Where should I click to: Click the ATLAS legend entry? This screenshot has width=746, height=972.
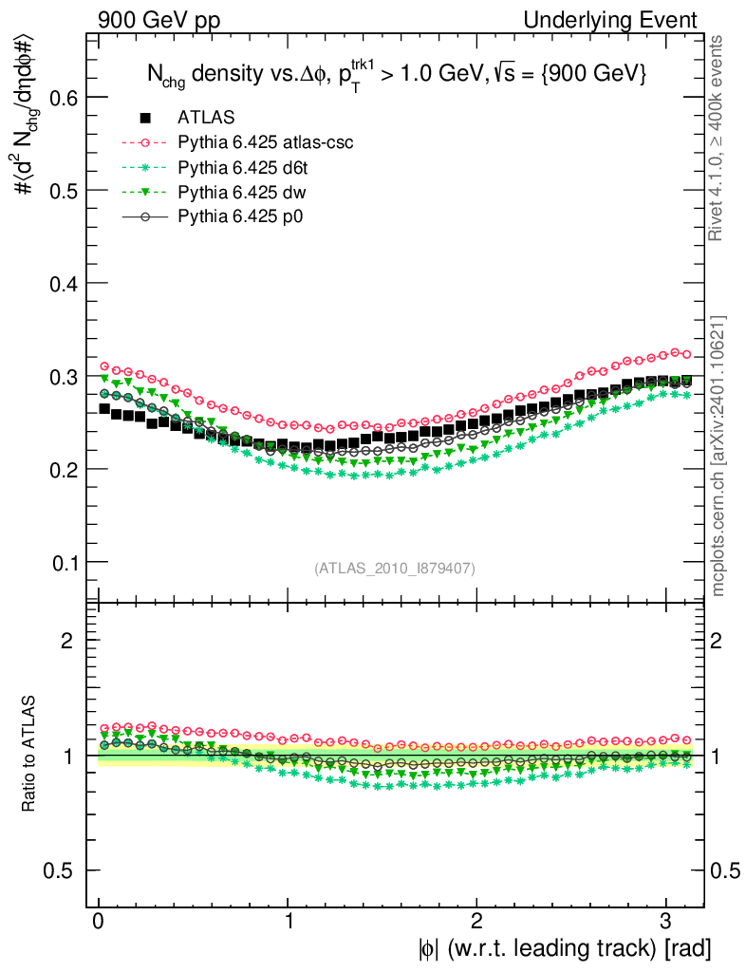[206, 118]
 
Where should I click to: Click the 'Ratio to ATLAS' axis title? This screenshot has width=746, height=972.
[30, 755]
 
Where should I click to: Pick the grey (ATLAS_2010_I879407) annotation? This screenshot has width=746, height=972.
[395, 568]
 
